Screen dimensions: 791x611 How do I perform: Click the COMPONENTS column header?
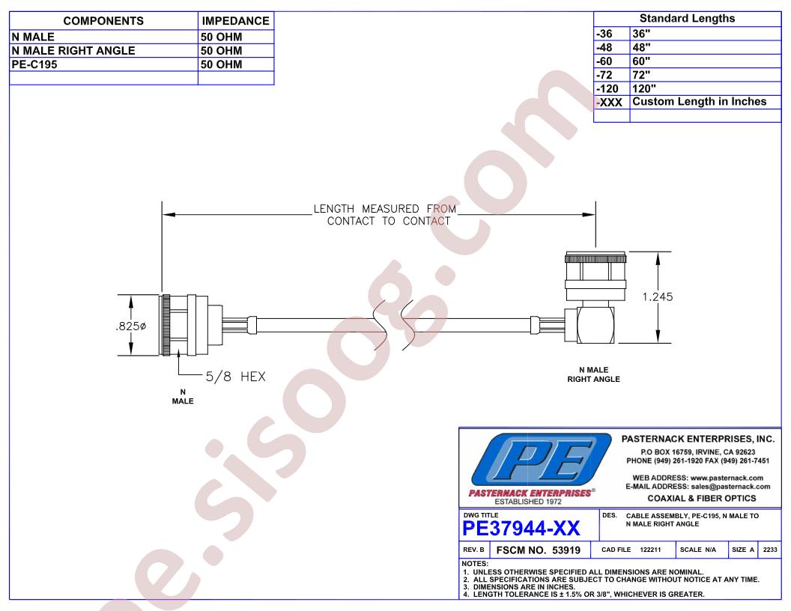[x=103, y=21]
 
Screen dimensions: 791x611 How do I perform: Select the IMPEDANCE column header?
[x=236, y=21]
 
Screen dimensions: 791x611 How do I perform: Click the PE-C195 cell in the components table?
[x=34, y=64]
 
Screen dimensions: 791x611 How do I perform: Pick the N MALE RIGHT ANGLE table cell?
[x=73, y=51]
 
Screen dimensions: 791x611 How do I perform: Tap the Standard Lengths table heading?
[x=687, y=19]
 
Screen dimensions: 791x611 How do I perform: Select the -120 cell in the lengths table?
[x=607, y=88]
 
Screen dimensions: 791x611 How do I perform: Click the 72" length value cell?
[x=641, y=75]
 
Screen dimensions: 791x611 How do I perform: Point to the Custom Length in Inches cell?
[x=699, y=102]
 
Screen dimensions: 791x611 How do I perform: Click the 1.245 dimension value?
[x=658, y=297]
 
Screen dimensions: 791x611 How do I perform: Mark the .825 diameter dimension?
[x=130, y=326]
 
